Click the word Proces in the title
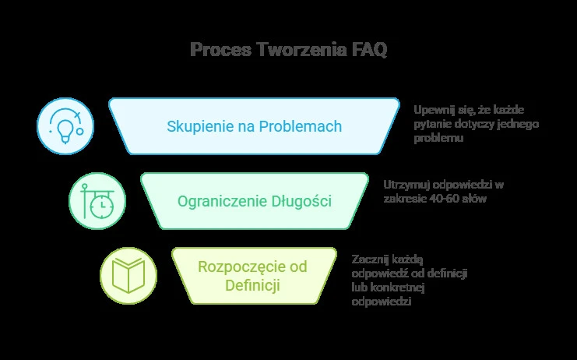point(220,49)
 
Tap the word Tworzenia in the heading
point(301,49)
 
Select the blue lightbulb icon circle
point(65,126)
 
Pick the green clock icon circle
point(97,201)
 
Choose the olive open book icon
point(128,276)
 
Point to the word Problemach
point(301,126)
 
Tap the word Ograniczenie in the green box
point(223,201)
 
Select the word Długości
point(301,201)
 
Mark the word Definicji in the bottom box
point(252,285)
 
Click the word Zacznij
point(369,259)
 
